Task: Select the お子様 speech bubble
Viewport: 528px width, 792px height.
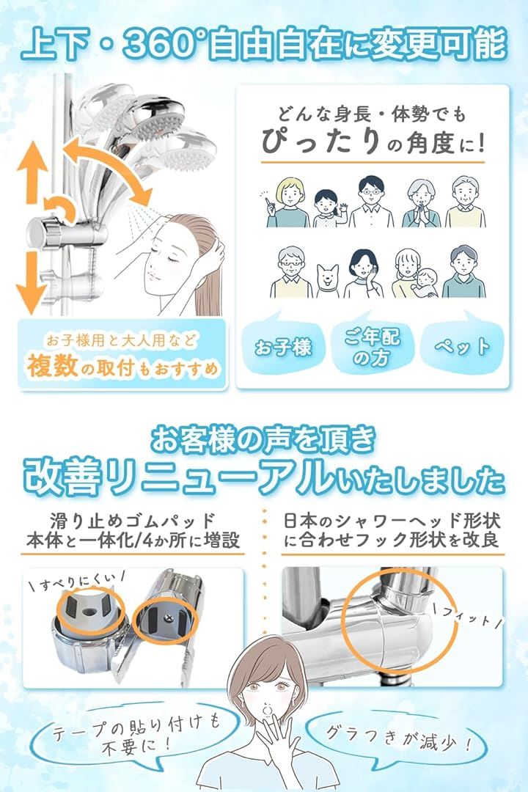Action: click(284, 345)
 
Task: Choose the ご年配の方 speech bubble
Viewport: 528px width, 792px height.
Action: click(373, 346)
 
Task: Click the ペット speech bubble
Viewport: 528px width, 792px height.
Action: click(462, 345)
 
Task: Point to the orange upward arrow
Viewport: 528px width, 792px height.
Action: click(32, 172)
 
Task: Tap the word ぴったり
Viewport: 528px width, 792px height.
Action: click(320, 141)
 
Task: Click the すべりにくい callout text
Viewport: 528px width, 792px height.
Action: click(76, 582)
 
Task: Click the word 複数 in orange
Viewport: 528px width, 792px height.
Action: click(53, 365)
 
